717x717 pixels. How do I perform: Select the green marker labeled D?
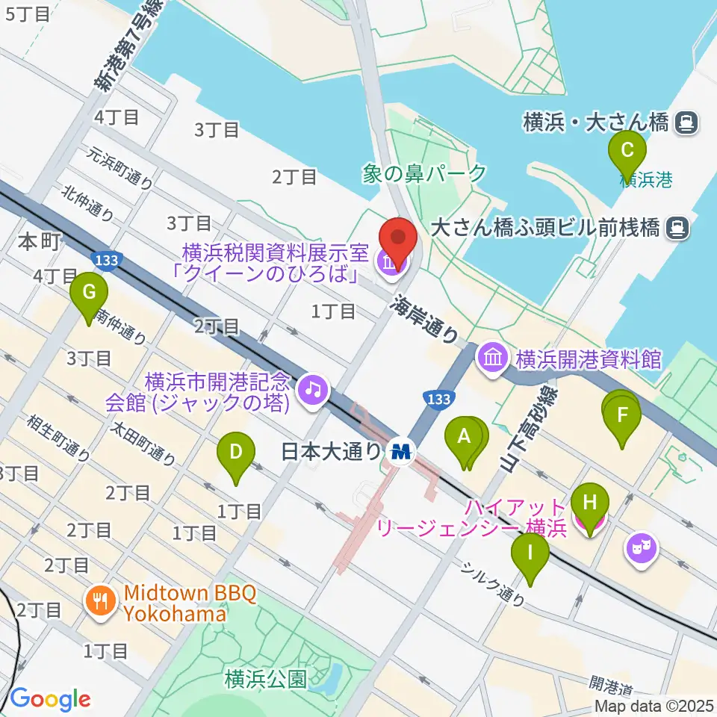click(x=235, y=453)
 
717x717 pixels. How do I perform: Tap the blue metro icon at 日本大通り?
click(x=402, y=452)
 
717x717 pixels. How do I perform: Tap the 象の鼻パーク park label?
click(x=423, y=173)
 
